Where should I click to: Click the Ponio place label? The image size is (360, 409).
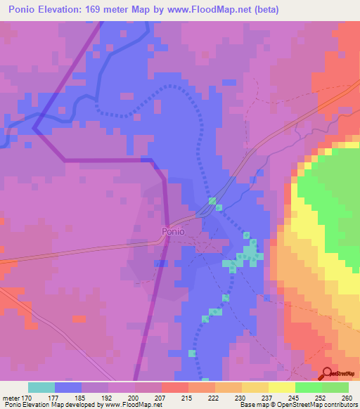pos(173,231)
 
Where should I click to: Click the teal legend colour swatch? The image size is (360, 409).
pos(41,387)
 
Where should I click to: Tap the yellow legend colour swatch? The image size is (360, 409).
pos(282,387)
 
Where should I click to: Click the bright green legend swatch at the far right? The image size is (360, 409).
pos(335,387)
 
